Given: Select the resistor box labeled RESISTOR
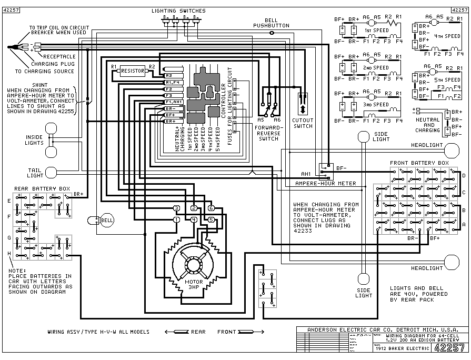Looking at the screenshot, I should (132, 71).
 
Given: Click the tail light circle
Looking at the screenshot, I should (51, 173).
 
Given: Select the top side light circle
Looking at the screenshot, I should (364, 137).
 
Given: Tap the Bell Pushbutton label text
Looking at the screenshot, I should (271, 22).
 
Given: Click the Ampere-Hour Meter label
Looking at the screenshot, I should (326, 183).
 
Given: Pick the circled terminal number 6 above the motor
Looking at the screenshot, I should (211, 208).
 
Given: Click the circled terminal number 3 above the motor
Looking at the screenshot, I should (176, 208).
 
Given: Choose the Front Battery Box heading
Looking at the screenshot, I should (419, 163).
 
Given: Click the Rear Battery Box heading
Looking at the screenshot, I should (43, 188).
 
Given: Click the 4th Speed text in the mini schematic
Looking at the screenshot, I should (447, 36).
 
